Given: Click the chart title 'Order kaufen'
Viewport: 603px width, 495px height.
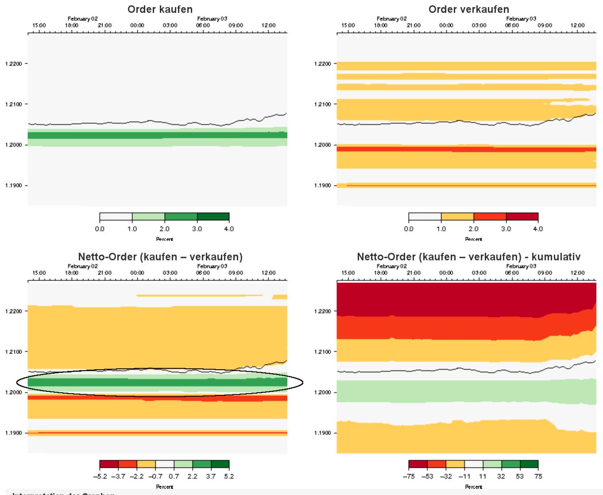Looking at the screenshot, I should point(160,9).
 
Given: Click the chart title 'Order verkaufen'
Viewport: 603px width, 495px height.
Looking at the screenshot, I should point(469,9).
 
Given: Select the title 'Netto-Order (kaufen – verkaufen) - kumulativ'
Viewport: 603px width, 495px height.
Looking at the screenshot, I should point(469,257).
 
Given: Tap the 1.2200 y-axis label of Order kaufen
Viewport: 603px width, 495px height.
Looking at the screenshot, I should point(13,64).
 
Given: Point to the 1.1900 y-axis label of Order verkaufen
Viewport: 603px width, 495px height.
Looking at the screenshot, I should point(322,186).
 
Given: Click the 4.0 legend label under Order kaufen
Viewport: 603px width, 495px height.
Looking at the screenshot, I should point(229,229).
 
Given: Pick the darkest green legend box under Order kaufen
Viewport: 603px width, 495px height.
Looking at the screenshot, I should point(213,217).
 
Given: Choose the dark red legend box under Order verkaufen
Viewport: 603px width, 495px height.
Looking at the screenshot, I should point(522,217).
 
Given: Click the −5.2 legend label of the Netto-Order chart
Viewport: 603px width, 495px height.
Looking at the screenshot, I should point(100,476).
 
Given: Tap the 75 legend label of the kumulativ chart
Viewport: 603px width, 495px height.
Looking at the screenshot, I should point(538,476).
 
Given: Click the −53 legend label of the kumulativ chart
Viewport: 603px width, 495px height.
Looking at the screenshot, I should point(427,476).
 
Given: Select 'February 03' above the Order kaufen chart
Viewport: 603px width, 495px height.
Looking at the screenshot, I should point(212,19).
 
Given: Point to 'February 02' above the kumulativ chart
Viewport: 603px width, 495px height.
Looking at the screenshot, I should point(392,266).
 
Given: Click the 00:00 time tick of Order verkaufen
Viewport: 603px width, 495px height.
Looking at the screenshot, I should point(446,25).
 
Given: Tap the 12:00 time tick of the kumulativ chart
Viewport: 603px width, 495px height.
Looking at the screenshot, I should point(578,273).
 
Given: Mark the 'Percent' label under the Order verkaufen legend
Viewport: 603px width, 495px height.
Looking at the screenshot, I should point(474,239).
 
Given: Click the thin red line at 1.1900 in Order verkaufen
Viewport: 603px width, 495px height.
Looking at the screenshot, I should point(469,185).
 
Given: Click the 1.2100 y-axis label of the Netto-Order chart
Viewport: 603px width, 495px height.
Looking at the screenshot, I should point(13,352).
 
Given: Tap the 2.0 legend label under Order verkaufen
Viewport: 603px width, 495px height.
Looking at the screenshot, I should point(474,229).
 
